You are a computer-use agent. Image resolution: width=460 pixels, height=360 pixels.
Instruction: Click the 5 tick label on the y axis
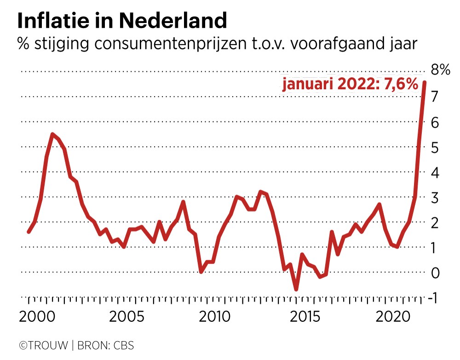pos(434,148)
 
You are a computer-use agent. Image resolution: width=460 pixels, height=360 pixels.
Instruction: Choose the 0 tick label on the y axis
pos(434,273)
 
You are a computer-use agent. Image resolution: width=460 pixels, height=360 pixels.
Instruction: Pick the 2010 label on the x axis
pos(213,317)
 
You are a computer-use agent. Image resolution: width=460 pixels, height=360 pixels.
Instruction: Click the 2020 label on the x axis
pos(392,317)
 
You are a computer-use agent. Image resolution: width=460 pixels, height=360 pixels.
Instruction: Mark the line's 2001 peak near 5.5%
pos(53,134)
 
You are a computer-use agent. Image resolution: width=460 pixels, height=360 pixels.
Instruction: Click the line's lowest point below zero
pos(296,289)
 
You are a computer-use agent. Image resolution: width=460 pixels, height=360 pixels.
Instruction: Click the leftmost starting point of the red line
pos(29,232)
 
